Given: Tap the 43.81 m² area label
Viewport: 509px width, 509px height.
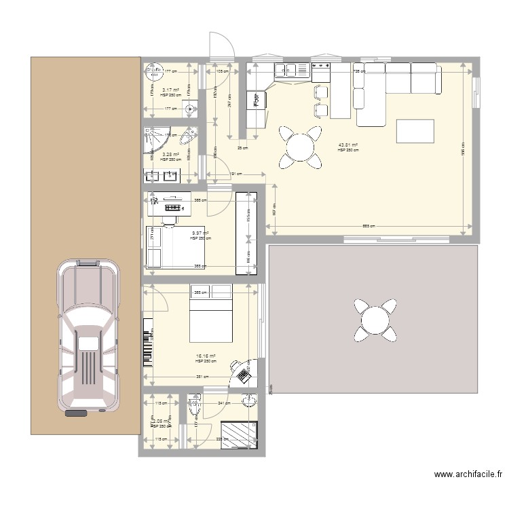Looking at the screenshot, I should click(348, 146).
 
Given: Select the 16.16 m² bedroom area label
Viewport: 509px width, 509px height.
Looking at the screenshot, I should click(206, 356).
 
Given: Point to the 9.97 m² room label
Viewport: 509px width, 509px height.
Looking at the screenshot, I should click(200, 234).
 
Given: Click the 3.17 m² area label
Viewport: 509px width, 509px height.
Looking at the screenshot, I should click(170, 90).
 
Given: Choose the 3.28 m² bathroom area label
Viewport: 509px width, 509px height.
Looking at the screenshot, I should click(170, 155).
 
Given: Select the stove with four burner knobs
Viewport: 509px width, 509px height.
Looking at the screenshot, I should click(320, 69).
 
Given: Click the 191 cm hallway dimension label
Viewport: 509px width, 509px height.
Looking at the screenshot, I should click(233, 174).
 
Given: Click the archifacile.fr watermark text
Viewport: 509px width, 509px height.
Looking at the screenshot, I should click(468, 476).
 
